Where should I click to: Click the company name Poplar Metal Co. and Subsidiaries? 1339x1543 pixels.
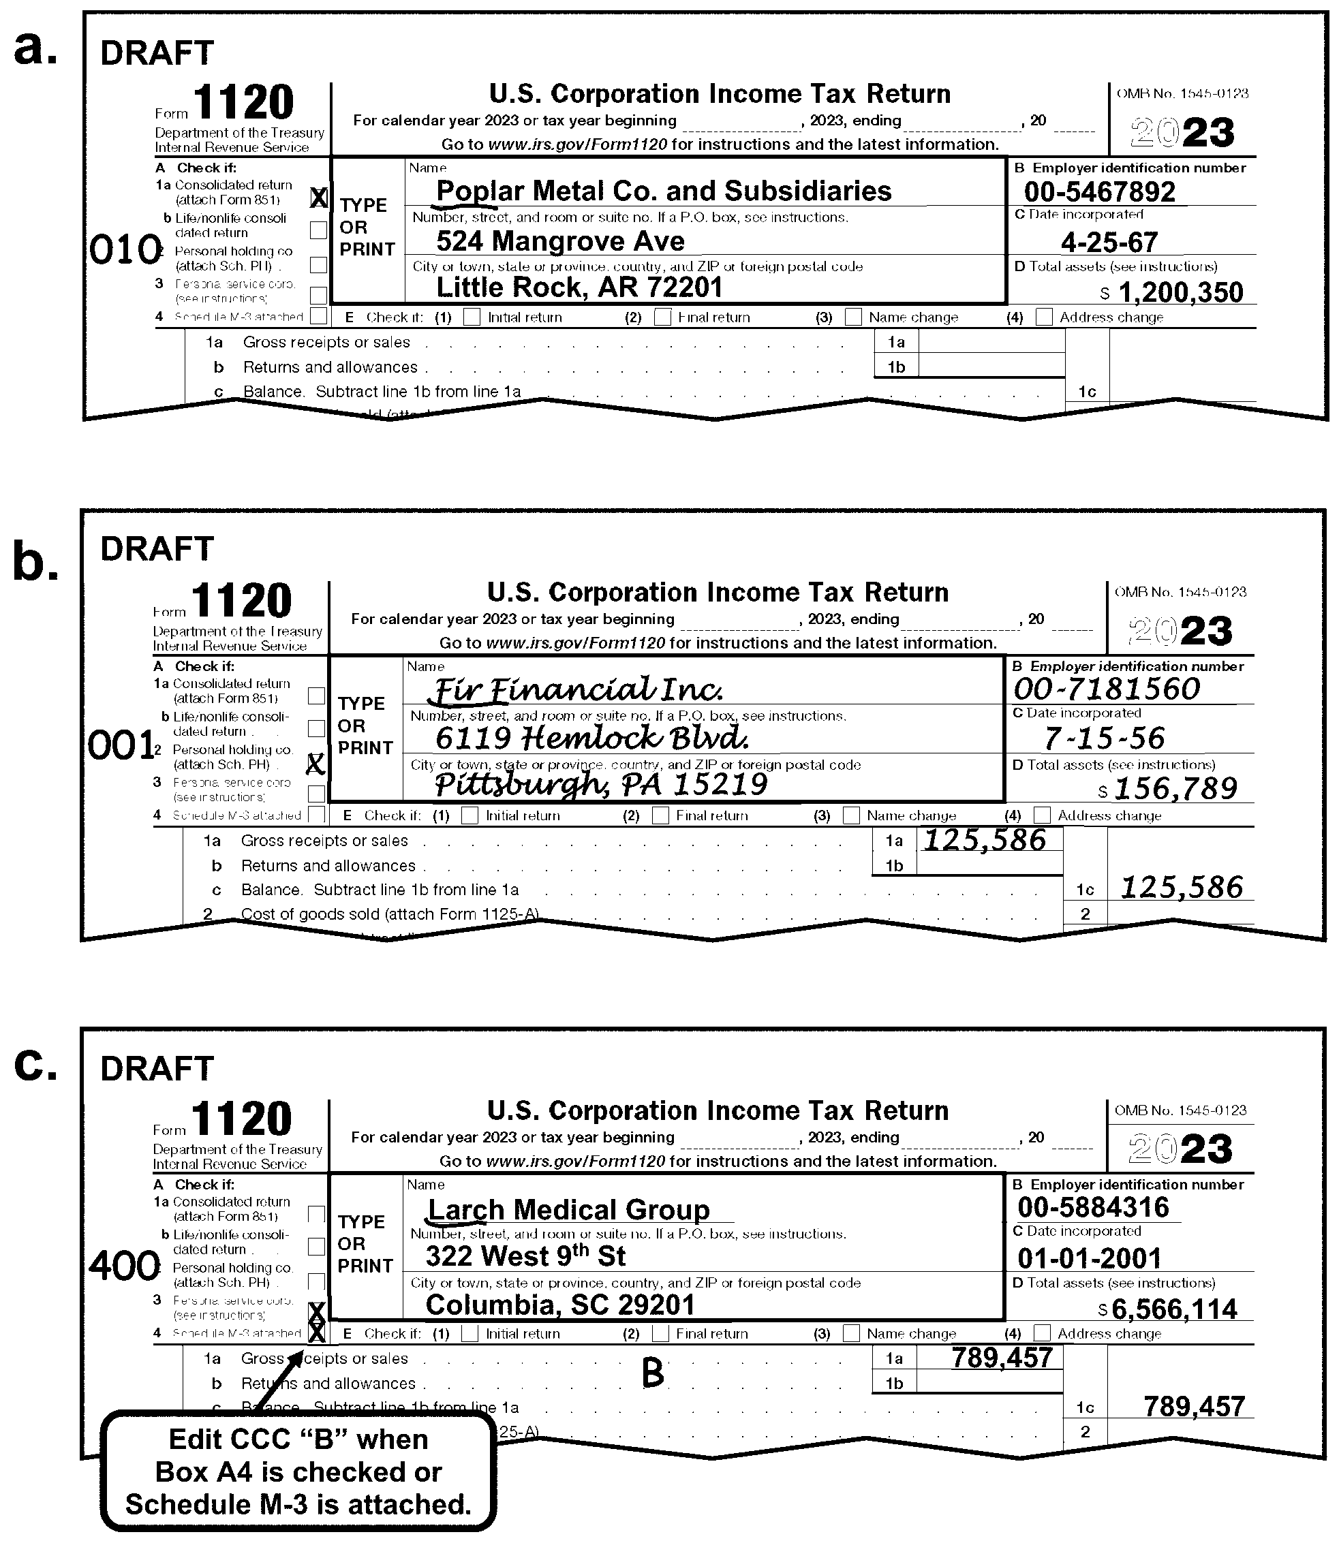pos(664,191)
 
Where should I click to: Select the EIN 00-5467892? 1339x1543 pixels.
pos(1099,192)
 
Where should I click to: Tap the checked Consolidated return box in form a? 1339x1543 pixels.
pos(318,198)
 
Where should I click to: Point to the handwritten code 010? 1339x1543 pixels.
pos(125,249)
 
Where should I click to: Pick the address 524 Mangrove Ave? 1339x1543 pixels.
pos(560,240)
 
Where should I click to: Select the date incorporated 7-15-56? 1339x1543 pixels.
pos(1104,738)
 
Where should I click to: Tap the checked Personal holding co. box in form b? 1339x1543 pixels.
pos(316,763)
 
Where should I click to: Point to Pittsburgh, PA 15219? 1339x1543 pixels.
pos(601,784)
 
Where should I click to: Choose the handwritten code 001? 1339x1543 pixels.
pos(121,745)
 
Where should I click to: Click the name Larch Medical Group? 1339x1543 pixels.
pos(568,1209)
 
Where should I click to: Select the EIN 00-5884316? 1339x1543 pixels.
pos(1093,1207)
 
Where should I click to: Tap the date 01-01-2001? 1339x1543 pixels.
pos(1090,1258)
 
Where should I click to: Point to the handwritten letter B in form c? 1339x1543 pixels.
pos(652,1372)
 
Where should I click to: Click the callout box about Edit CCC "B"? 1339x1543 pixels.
pos(298,1471)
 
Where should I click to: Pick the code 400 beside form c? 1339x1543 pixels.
pos(124,1265)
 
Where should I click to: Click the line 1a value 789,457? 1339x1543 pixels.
pos(1002,1357)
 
